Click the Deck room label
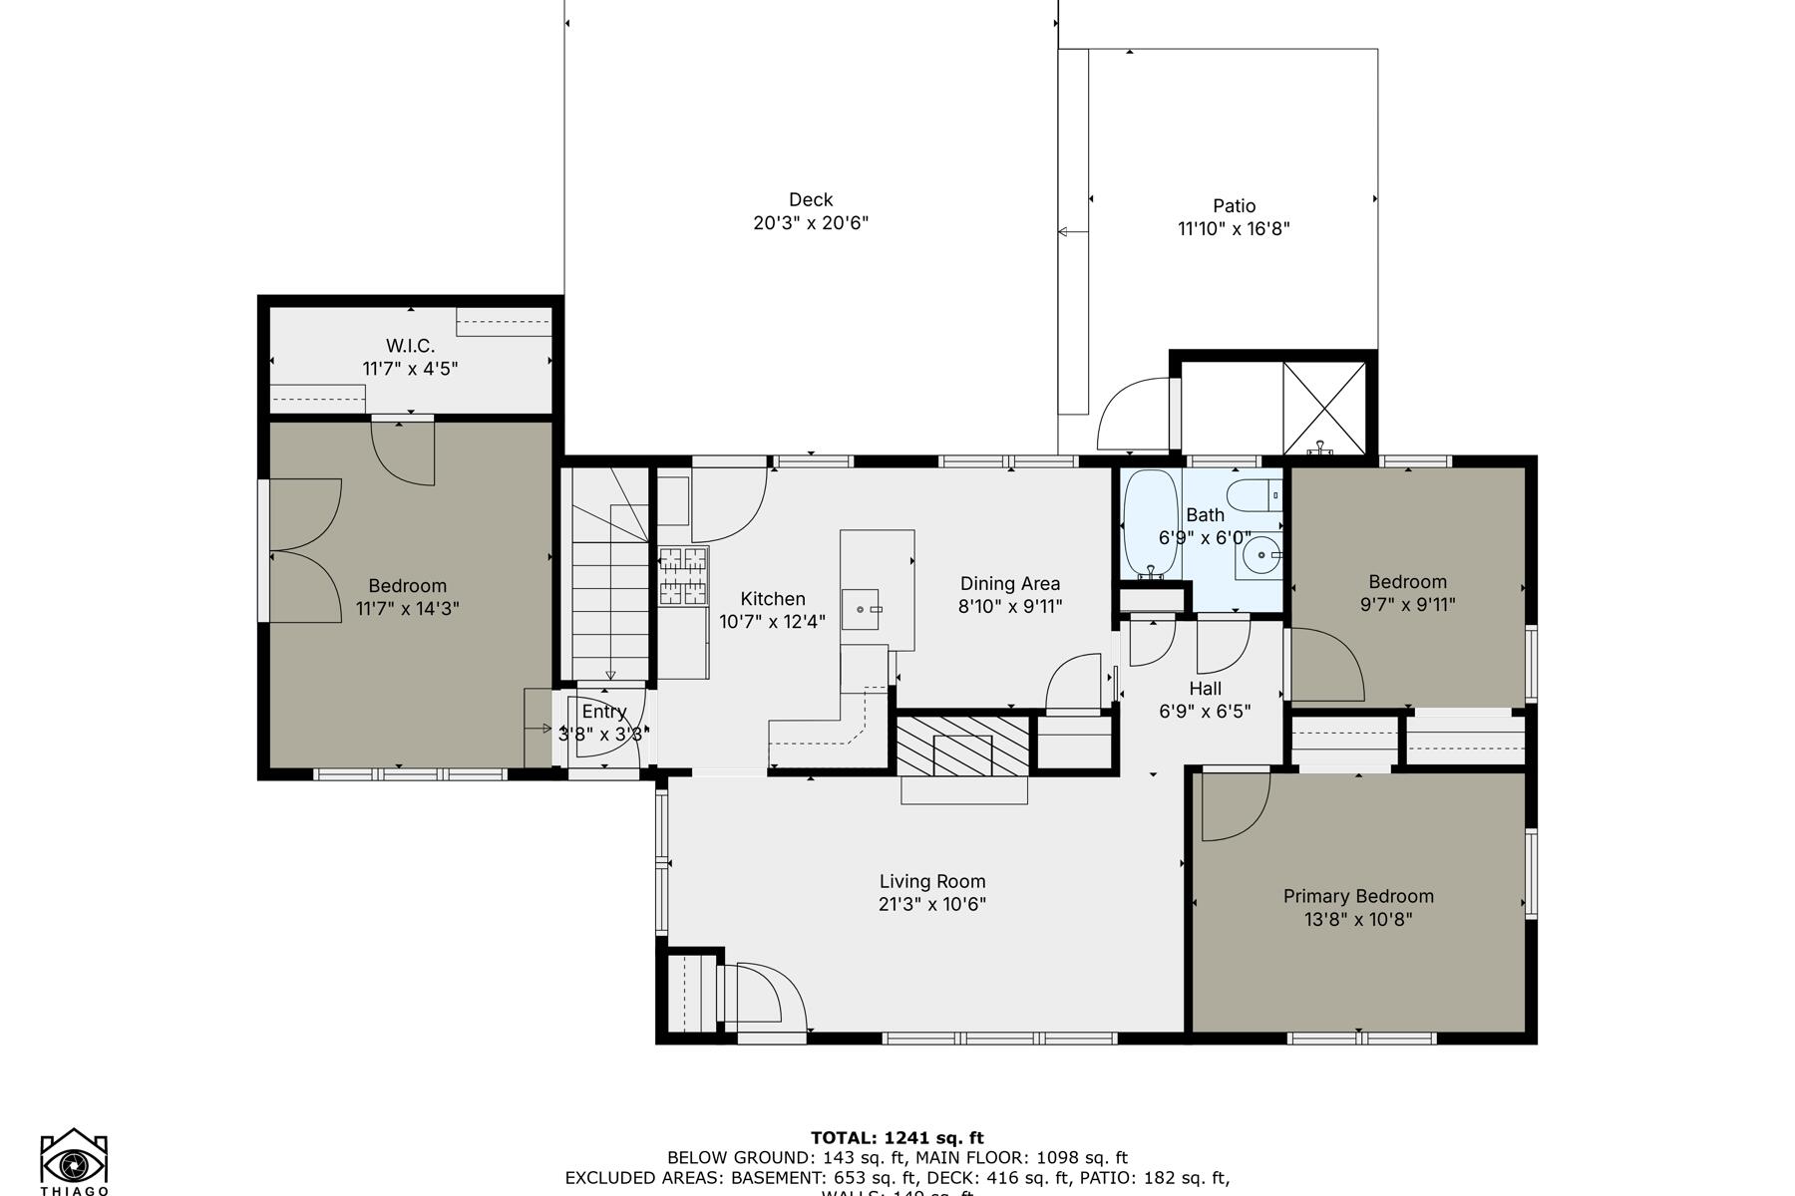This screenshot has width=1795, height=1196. pyautogui.click(x=810, y=199)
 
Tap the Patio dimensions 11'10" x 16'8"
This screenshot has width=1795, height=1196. pyautogui.click(x=1234, y=228)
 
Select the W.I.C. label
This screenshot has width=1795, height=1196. pyautogui.click(x=410, y=346)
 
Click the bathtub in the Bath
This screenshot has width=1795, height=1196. pyautogui.click(x=1151, y=524)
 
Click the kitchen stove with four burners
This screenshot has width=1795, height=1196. pyautogui.click(x=683, y=576)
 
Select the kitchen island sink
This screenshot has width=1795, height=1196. pyautogui.click(x=862, y=608)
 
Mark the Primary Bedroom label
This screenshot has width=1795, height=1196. pyautogui.click(x=1358, y=896)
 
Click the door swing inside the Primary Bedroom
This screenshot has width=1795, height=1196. pyautogui.click(x=1233, y=805)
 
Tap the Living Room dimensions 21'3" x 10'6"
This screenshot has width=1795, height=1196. pyautogui.click(x=932, y=904)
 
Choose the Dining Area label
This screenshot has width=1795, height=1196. pyautogui.click(x=1009, y=583)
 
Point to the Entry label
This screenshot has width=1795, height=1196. pyautogui.click(x=604, y=712)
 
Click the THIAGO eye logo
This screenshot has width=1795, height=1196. pyautogui.click(x=74, y=1162)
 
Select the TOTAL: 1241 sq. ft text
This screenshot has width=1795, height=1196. pyautogui.click(x=897, y=1137)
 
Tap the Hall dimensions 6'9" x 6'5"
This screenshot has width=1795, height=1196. pyautogui.click(x=1205, y=711)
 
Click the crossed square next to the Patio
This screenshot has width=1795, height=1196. pyautogui.click(x=1323, y=408)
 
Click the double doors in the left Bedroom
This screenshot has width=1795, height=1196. pyautogui.click(x=303, y=550)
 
